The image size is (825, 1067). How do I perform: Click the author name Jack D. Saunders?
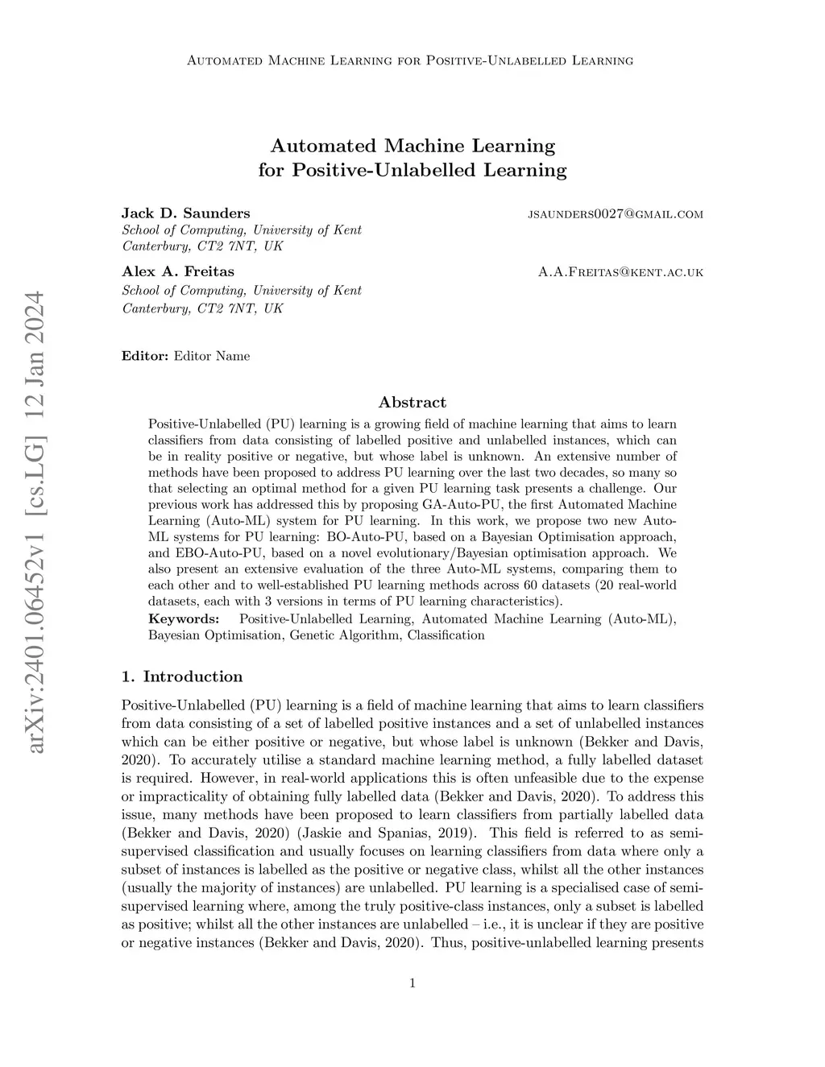[185, 213]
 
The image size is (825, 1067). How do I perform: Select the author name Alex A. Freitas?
[177, 271]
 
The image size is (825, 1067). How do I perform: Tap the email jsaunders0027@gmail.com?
[615, 214]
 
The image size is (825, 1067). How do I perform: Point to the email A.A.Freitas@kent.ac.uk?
[620, 272]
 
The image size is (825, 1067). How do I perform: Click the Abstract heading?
[412, 402]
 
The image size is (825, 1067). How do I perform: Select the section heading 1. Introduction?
[181, 676]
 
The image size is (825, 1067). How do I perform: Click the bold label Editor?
[145, 356]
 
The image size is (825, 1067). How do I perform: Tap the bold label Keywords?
[184, 618]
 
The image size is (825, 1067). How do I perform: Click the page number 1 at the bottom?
[412, 982]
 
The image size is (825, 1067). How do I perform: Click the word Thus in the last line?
[446, 942]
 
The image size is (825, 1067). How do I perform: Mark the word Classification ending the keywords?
[446, 635]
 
